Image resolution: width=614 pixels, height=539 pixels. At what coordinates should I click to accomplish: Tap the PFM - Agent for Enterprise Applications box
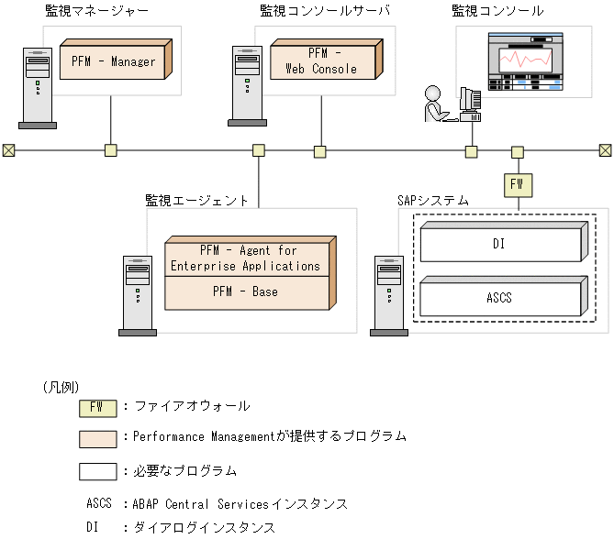[x=246, y=258]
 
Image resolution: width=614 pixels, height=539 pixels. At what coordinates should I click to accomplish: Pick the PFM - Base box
[x=246, y=292]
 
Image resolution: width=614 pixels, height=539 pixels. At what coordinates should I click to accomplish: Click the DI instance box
[x=499, y=245]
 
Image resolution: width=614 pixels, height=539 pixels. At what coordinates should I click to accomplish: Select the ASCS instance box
[x=499, y=298]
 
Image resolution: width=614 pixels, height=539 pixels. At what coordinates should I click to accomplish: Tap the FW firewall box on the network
[x=517, y=184]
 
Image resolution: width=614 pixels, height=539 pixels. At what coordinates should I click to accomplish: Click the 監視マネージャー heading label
[x=96, y=11]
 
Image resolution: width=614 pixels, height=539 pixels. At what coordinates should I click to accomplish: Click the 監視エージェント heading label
[x=196, y=199]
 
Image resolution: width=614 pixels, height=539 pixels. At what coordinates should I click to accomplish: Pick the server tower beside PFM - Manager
[x=37, y=86]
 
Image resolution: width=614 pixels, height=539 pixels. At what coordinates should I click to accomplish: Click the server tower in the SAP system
[x=389, y=293]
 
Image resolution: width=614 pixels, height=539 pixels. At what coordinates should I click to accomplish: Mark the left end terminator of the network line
[x=7, y=150]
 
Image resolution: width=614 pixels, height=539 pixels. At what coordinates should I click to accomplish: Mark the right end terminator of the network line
[x=605, y=150]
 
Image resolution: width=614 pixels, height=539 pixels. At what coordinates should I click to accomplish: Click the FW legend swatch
[x=97, y=406]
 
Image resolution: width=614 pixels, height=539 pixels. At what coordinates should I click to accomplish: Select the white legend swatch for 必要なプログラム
[x=97, y=471]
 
